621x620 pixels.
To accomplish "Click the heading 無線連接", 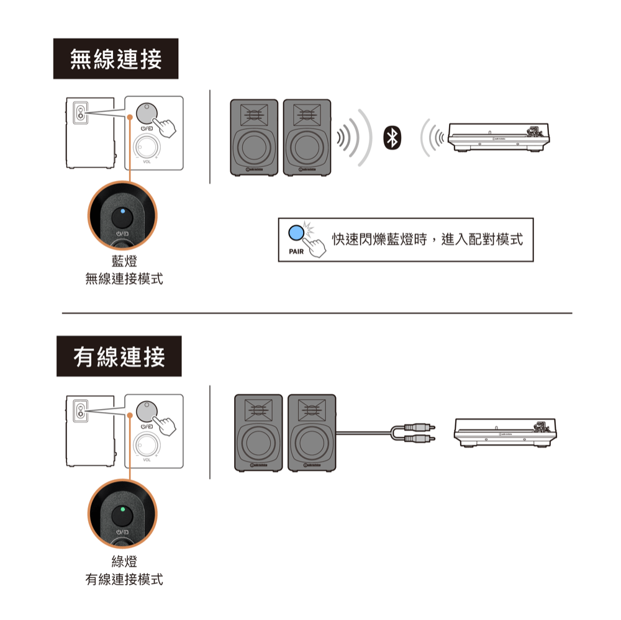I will point(116,59).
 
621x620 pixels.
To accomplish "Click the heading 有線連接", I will point(119,357).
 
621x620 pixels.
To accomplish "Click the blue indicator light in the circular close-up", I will point(122,211).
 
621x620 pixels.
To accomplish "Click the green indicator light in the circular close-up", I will point(122,509).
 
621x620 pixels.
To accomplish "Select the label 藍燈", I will point(124,263).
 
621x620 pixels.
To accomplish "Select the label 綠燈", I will point(124,562).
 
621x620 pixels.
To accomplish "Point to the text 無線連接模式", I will point(124,280).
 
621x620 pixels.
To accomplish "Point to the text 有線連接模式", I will point(124,579).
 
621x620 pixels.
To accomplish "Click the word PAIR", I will point(296,252).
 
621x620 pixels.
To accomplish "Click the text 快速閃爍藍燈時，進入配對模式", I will point(427,240).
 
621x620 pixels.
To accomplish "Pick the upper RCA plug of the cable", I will point(419,427).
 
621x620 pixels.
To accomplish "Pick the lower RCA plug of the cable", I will point(419,439).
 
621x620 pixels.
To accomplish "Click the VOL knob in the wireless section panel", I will point(147,148).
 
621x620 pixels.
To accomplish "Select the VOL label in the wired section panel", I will point(147,460).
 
